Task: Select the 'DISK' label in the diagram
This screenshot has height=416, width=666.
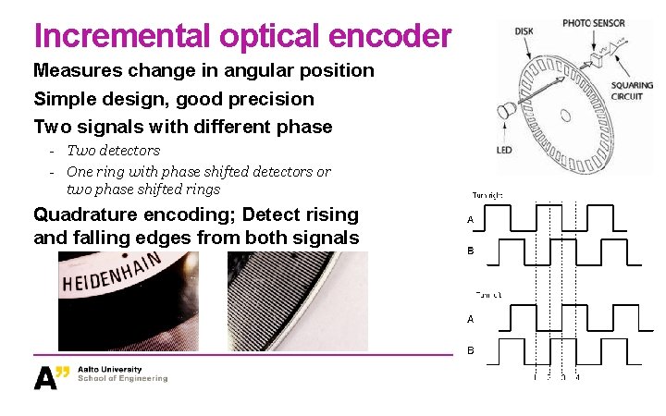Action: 524,31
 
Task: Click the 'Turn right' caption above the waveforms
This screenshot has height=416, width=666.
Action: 487,195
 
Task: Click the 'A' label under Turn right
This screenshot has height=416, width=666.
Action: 471,220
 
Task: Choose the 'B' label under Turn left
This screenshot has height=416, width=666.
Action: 471,350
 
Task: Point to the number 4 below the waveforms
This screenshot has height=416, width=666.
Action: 577,376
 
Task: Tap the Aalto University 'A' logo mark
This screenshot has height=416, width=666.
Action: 51,376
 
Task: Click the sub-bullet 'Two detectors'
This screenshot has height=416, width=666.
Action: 113,150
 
